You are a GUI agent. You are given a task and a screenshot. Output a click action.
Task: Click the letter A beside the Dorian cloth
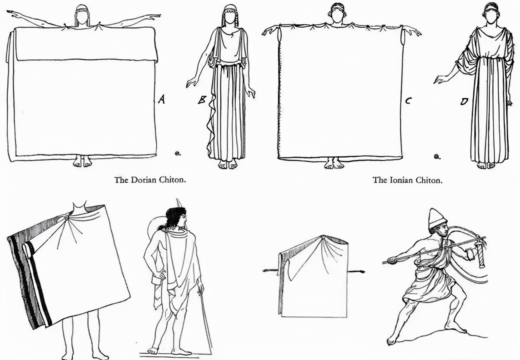tap(162, 99)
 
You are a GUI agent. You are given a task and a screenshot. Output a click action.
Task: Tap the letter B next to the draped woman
tap(202, 100)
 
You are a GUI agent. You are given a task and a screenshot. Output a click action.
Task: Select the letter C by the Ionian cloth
tap(408, 101)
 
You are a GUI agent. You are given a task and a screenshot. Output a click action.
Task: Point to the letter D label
tap(464, 102)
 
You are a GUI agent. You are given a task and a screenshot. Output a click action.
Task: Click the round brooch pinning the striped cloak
tap(66, 217)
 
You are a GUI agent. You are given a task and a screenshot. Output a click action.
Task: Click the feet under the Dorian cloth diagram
tap(82, 161)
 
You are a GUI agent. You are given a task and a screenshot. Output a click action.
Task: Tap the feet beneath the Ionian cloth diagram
tap(334, 163)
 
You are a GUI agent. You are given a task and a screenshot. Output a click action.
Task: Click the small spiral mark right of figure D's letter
tap(437, 157)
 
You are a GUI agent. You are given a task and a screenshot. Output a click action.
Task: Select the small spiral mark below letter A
tap(178, 153)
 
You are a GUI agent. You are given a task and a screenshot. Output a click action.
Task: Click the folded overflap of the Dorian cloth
tap(86, 44)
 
